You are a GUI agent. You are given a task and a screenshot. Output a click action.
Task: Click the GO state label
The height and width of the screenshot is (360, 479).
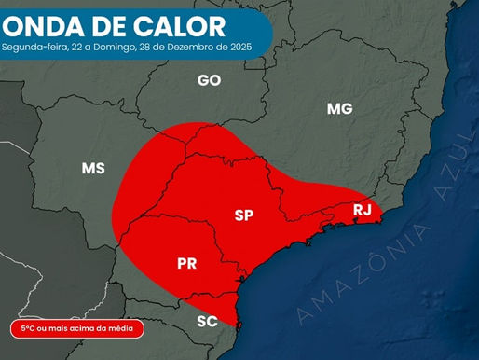[x=209, y=80]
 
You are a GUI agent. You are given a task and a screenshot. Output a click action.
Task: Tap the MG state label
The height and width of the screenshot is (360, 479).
[x=340, y=109]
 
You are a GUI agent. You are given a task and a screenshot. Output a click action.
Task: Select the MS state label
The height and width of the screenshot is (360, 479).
[x=93, y=169]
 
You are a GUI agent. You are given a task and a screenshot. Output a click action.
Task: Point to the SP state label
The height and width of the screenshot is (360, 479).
[x=244, y=215]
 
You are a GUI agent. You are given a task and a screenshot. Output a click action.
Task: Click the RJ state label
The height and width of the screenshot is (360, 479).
[x=363, y=210]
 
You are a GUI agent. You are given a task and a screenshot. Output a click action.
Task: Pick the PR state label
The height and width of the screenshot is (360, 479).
[x=186, y=264]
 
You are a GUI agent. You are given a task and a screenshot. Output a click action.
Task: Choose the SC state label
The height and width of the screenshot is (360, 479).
[x=207, y=322]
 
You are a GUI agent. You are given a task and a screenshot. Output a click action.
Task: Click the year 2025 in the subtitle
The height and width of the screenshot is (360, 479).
[x=238, y=46]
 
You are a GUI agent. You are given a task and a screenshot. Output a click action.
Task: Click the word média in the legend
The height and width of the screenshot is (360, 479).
[x=121, y=328]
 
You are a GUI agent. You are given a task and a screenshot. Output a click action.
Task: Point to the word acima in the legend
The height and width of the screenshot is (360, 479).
[x=89, y=328]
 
